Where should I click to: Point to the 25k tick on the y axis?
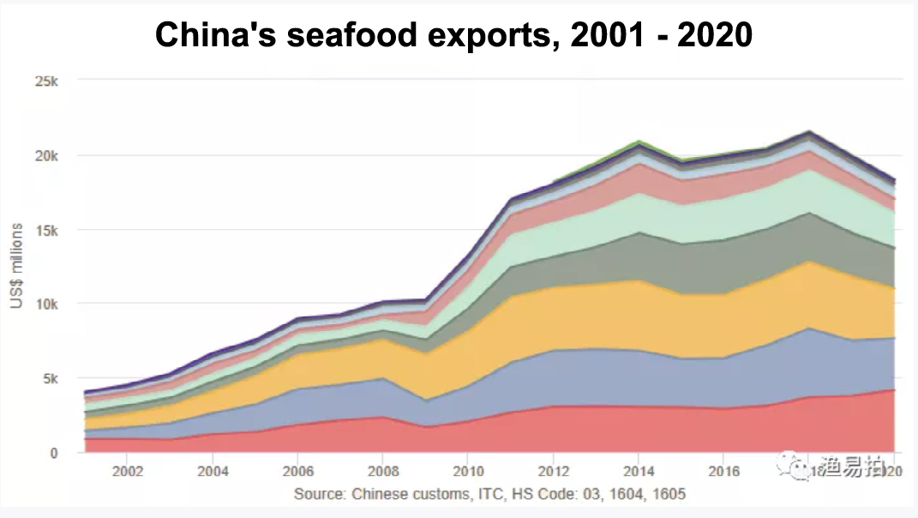(x=45, y=81)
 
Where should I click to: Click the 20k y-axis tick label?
(x=45, y=156)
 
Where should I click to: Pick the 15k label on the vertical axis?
(x=45, y=230)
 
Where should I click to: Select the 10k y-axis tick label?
(x=45, y=304)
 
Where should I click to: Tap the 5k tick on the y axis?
(x=49, y=378)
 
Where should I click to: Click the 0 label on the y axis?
(x=54, y=453)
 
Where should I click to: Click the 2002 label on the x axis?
(x=128, y=472)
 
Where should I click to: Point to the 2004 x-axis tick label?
(x=213, y=472)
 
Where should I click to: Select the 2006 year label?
(x=297, y=472)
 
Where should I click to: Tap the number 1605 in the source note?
(x=669, y=495)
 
